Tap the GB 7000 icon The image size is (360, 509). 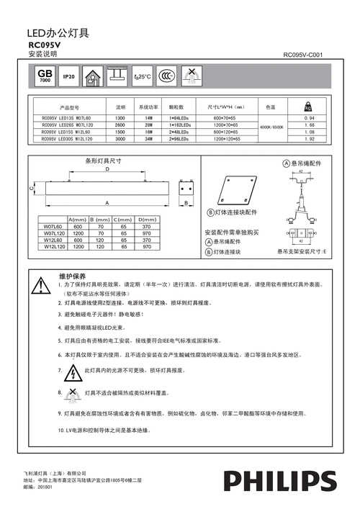tap(45, 76)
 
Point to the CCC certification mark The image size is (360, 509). tap(166, 76)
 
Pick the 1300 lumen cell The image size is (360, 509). tap(120, 117)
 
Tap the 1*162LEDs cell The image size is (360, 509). tap(179, 125)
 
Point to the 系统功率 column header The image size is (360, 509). tap(148, 106)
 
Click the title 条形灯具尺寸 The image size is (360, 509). tap(103, 162)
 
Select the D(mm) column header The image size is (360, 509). tap(147, 219)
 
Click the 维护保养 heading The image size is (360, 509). tap(72, 276)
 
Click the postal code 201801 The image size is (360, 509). tap(44, 487)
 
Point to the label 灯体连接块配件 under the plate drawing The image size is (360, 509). tap(235, 214)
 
